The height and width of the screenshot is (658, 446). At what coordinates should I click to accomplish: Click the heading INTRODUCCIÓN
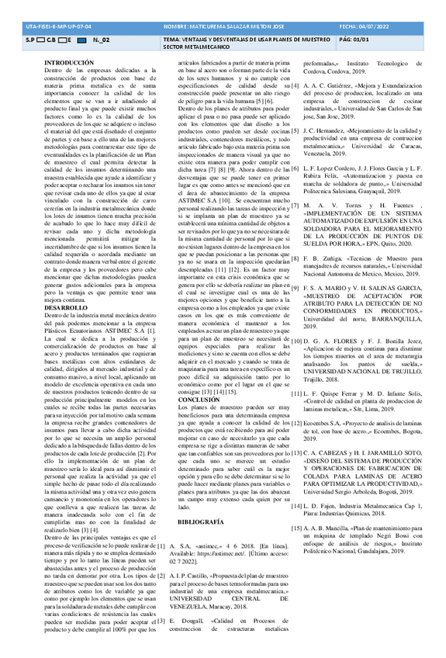[69, 61]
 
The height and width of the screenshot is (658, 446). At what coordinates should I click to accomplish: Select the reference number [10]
[296, 341]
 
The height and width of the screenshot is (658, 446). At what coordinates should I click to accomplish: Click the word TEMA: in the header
[175, 38]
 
